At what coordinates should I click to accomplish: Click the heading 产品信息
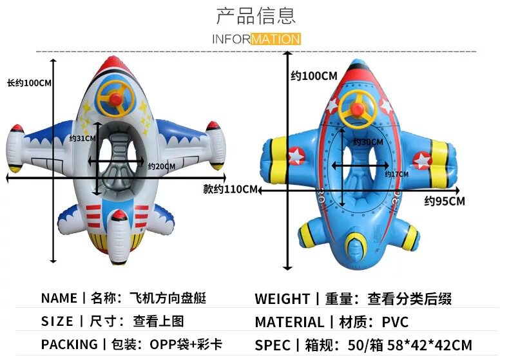256,15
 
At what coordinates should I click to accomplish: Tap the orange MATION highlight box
276,39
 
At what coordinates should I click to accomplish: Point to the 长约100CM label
29,83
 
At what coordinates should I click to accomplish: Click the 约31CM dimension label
82,138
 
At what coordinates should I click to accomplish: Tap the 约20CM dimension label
162,166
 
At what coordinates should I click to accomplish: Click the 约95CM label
445,201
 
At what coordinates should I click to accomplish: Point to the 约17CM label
397,174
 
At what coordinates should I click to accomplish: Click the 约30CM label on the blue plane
368,142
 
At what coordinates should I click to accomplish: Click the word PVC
394,322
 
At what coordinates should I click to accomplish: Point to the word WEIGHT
282,299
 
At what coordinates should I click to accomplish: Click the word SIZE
57,321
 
